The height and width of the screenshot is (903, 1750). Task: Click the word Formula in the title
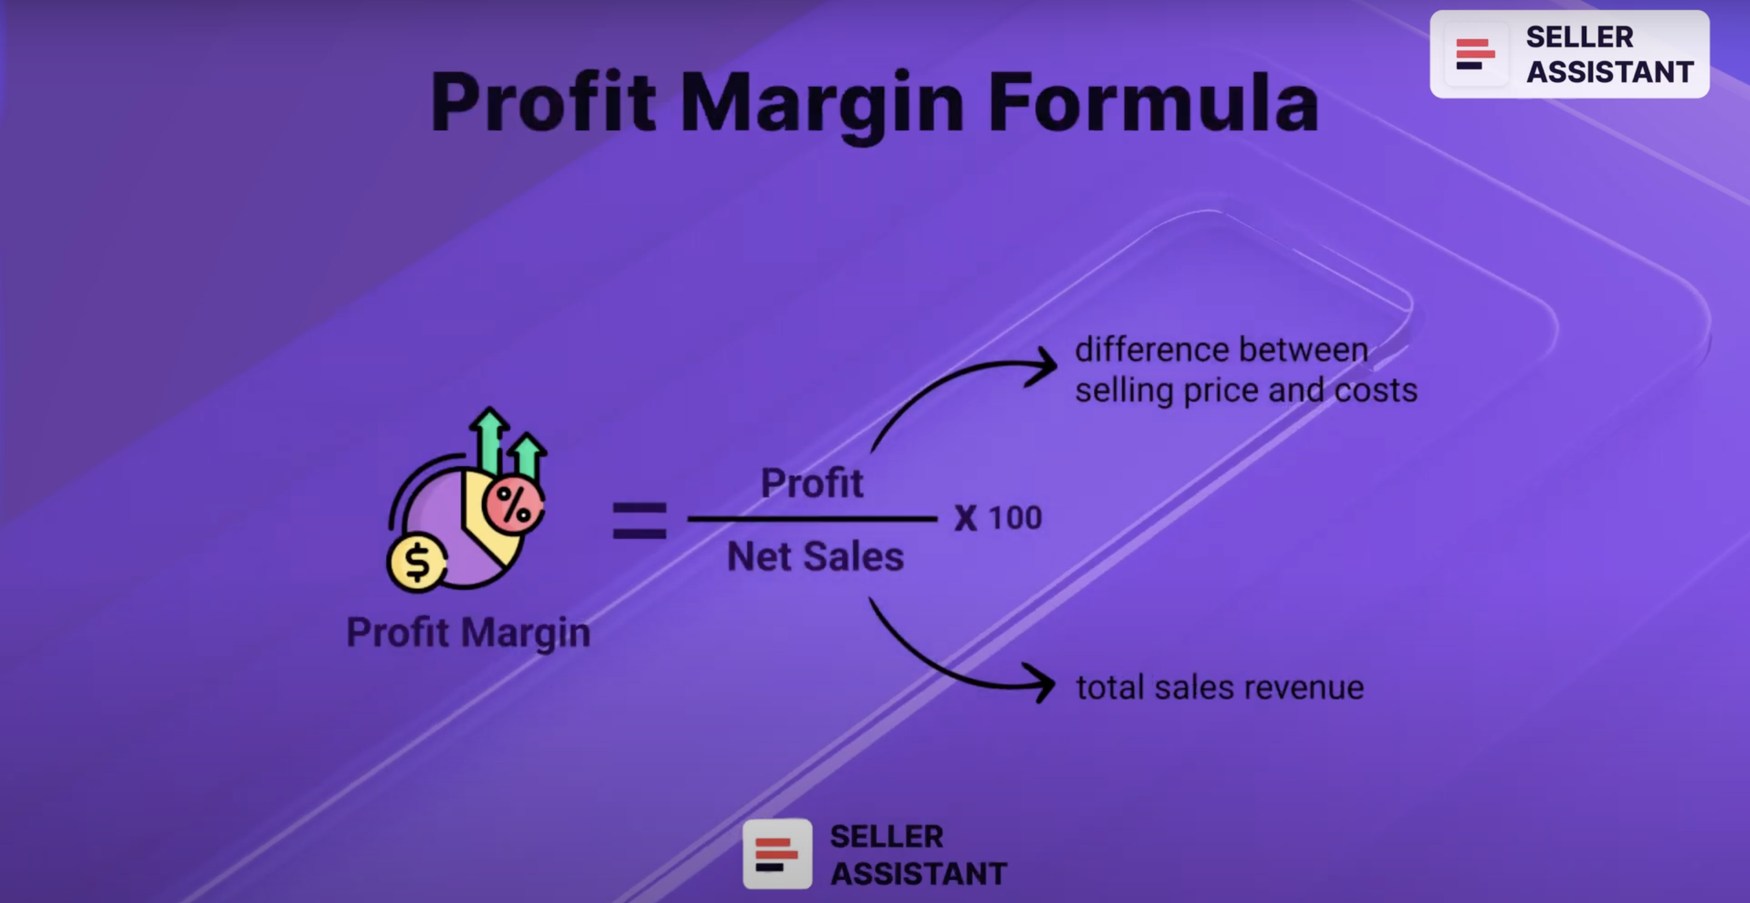[1153, 102]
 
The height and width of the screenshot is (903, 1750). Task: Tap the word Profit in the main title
[543, 102]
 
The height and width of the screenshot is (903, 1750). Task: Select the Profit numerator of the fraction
[812, 483]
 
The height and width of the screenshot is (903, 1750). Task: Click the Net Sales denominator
[815, 556]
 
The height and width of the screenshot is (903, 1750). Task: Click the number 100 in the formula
[1015, 517]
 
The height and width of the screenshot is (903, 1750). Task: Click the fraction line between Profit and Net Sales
[812, 519]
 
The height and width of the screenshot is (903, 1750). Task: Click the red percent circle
[513, 505]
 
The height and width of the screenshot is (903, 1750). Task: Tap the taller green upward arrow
[489, 438]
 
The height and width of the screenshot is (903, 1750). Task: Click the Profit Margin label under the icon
[468, 633]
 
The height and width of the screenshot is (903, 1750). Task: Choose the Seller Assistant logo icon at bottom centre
[777, 854]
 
